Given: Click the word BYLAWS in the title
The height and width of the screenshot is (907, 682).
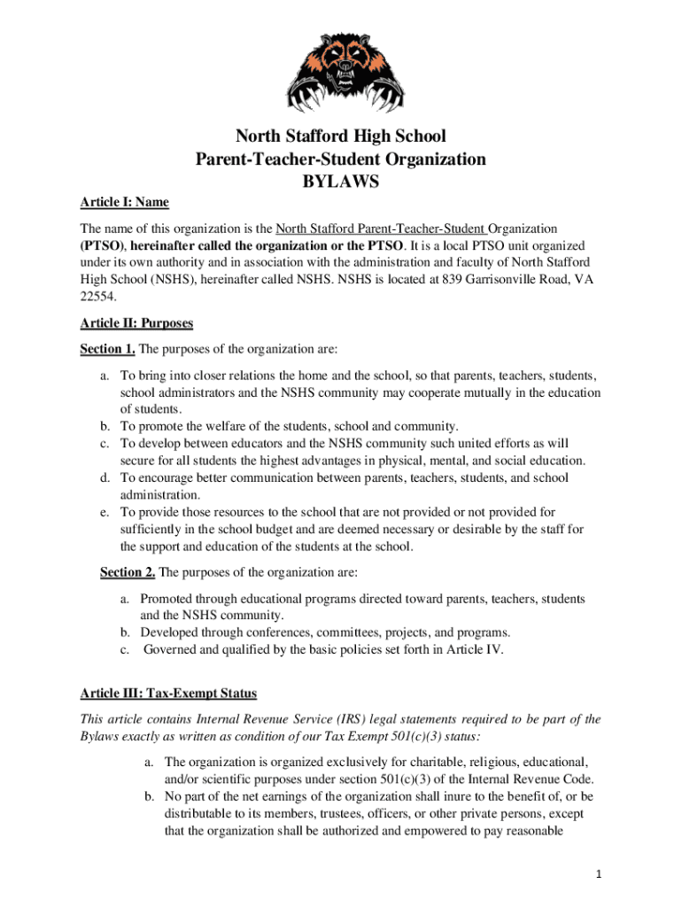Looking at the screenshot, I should tap(340, 182).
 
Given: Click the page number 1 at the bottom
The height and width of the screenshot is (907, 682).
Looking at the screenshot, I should tap(600, 874).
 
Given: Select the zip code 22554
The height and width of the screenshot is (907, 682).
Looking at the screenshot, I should tap(97, 298).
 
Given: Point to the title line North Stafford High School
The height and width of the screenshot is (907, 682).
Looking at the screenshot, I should tap(340, 136).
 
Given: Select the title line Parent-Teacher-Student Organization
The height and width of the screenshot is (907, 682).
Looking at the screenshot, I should tap(340, 159).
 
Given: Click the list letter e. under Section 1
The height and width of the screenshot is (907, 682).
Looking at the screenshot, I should tap(105, 512).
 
